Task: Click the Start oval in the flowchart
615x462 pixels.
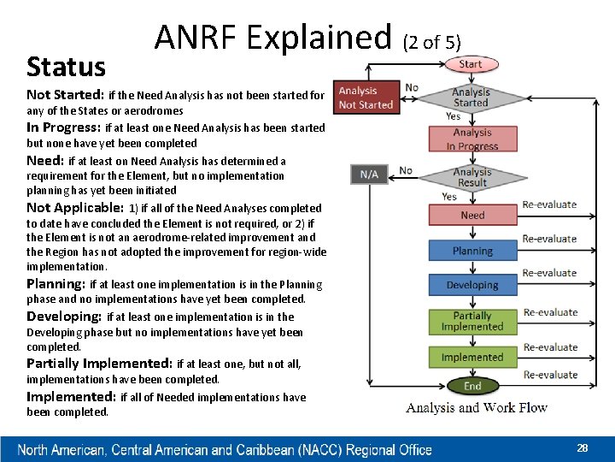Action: tap(471, 64)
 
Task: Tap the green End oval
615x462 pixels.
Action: tap(472, 386)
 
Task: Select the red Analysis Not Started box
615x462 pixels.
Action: tap(366, 98)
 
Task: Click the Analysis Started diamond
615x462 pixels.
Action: tap(471, 98)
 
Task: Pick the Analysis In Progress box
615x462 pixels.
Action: tap(472, 139)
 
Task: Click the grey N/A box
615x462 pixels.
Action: tap(369, 174)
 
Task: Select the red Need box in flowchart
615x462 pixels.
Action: tap(472, 216)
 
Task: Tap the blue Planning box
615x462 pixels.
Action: tap(472, 251)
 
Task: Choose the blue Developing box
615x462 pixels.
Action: tap(472, 285)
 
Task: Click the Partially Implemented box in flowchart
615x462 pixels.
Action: tap(472, 321)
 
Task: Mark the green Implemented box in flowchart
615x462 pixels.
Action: tap(472, 357)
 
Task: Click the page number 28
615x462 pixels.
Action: tap(583, 448)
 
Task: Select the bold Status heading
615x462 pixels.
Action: tap(66, 67)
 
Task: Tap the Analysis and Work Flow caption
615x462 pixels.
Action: tap(477, 408)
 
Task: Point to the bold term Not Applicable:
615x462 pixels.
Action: tap(75, 208)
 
